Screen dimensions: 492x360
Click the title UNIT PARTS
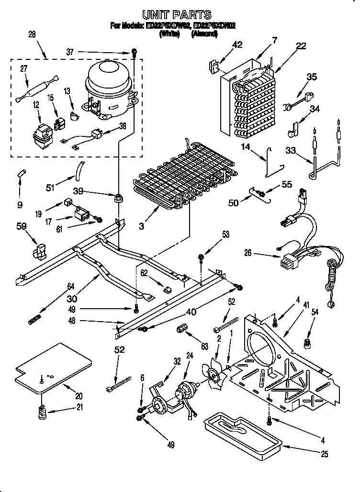click(177, 15)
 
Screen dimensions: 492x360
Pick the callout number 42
click(237, 45)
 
